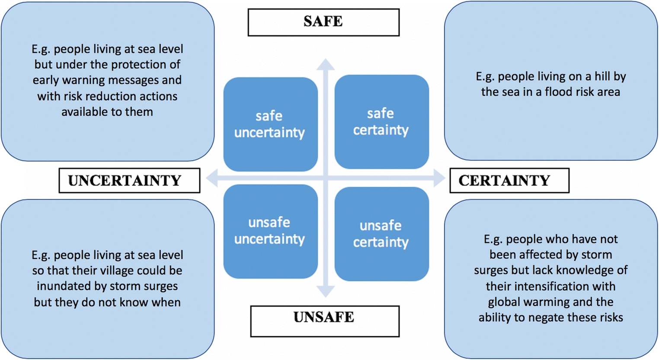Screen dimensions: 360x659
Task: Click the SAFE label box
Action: (x=323, y=22)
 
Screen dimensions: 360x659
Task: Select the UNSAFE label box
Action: (x=324, y=321)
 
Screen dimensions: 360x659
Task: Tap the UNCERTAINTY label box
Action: (x=129, y=180)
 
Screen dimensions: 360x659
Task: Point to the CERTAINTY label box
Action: (x=509, y=180)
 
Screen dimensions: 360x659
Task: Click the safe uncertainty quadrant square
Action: (x=270, y=124)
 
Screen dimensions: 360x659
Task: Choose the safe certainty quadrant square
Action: (x=381, y=121)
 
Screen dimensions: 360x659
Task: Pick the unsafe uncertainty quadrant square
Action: (x=270, y=231)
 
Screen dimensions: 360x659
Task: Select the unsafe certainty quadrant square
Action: (x=381, y=233)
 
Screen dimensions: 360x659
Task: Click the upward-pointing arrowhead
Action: (x=326, y=64)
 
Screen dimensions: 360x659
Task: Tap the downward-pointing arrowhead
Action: (x=326, y=292)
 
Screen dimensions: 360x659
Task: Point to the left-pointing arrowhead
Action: (x=212, y=178)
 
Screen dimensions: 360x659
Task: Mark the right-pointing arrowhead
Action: (x=439, y=178)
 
